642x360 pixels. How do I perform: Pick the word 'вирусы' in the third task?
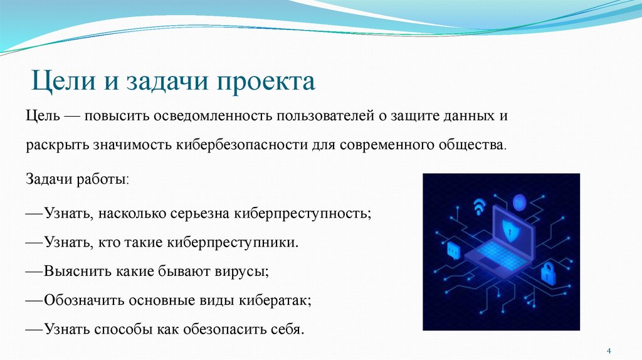pos(246,272)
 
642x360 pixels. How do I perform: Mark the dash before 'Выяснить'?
pos(34,272)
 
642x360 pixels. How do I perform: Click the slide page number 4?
pos(608,349)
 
